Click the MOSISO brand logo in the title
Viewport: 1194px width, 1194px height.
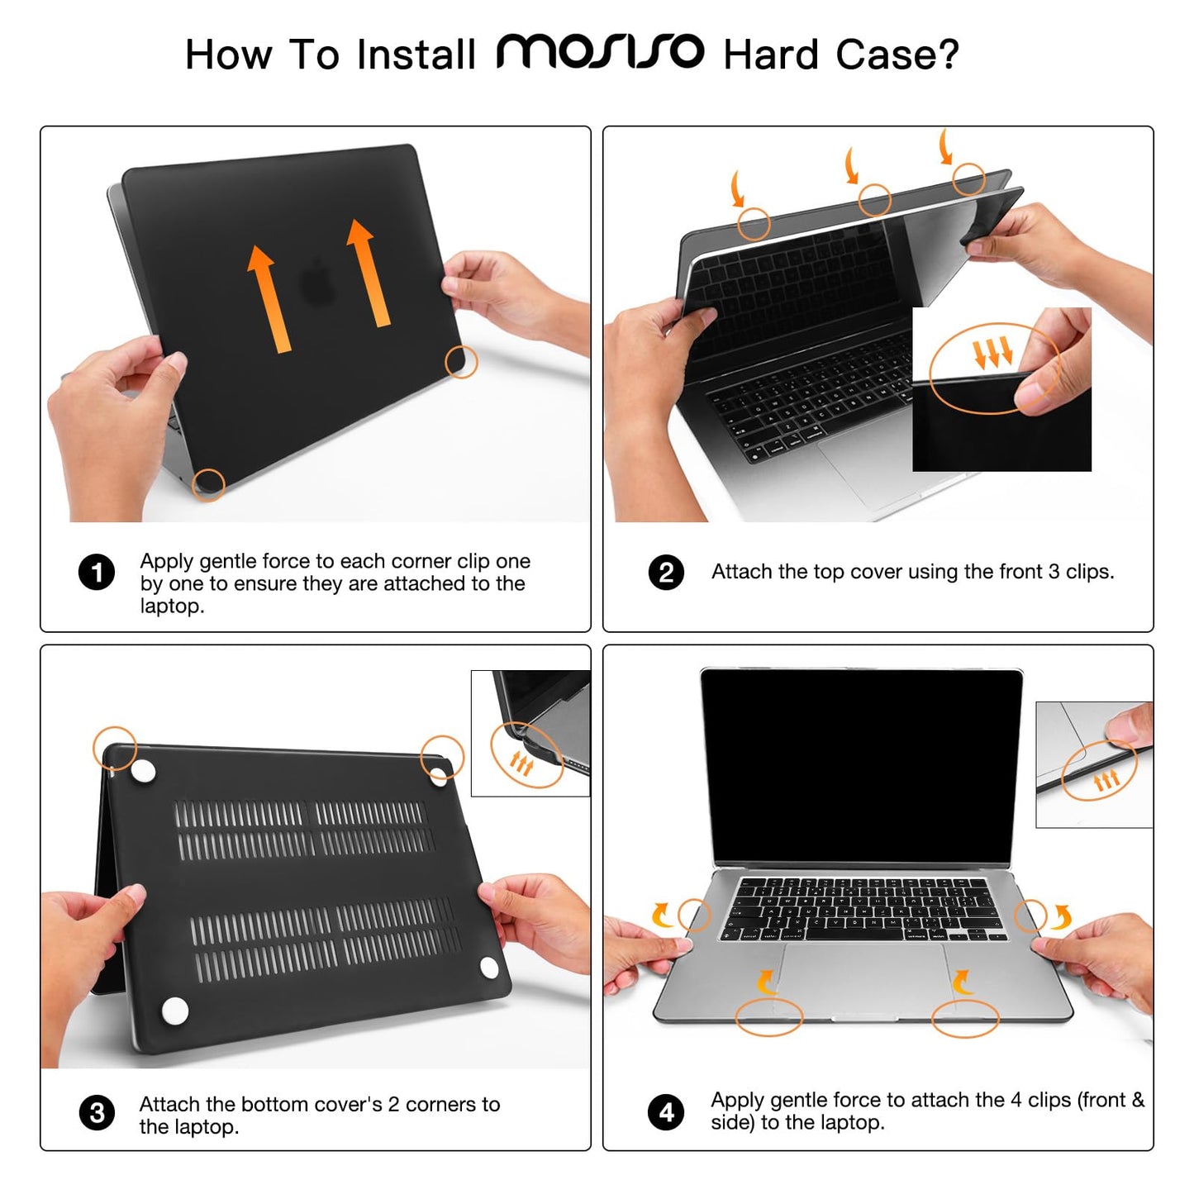click(600, 53)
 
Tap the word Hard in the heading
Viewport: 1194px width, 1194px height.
click(770, 55)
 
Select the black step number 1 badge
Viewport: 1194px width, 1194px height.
click(97, 572)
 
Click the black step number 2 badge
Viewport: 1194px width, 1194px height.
click(666, 572)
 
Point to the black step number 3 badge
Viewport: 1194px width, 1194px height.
click(97, 1113)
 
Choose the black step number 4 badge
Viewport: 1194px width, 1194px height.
click(666, 1111)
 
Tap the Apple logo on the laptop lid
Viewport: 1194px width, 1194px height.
click(318, 282)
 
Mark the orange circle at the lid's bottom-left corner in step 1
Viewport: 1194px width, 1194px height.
click(208, 485)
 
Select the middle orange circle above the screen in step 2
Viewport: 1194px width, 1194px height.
click(874, 199)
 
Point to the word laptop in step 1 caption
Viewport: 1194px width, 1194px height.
click(169, 607)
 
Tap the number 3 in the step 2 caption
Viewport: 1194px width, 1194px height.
click(1054, 572)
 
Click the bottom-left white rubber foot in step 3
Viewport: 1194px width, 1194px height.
click(175, 1010)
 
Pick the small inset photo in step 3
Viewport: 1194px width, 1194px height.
click(530, 733)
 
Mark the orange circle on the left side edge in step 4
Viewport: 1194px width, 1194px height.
click(694, 915)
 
